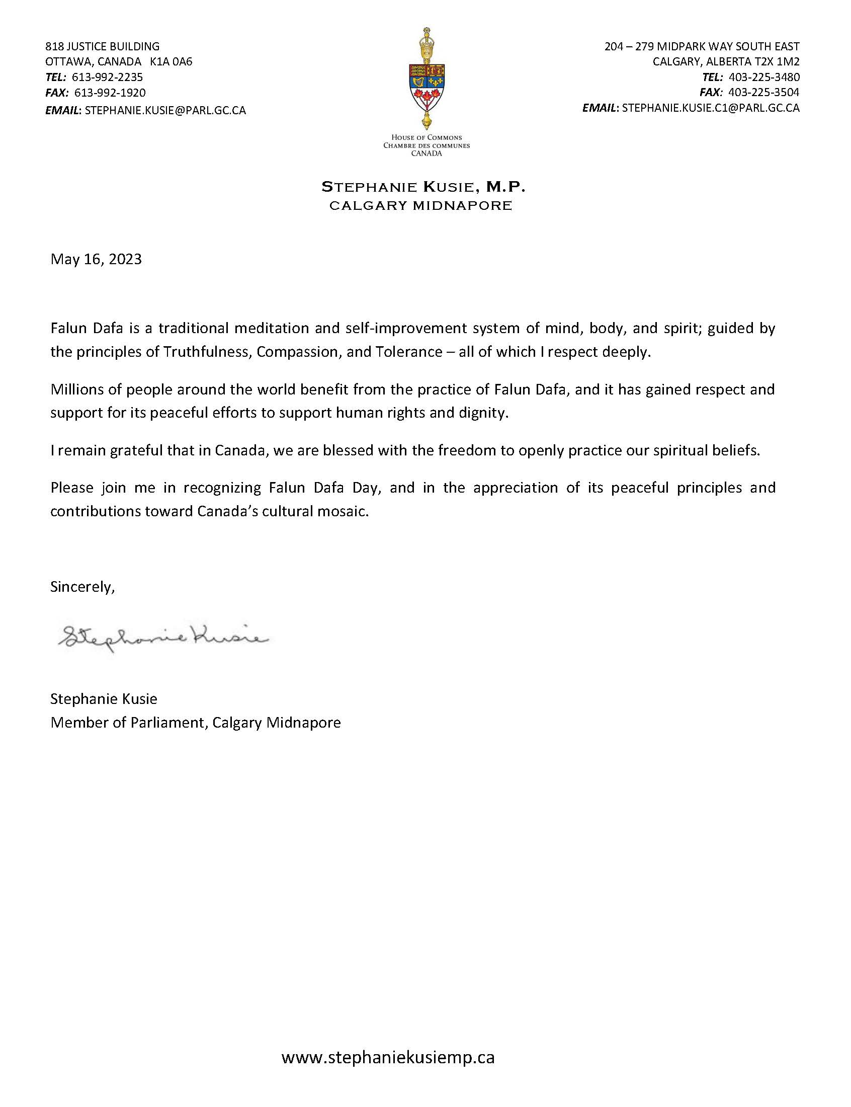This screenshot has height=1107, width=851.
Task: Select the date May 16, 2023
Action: (96, 260)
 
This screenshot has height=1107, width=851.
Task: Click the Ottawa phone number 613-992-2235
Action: (108, 77)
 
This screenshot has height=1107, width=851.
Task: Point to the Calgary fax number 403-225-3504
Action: (764, 93)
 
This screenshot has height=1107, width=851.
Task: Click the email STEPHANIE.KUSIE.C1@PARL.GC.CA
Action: (711, 108)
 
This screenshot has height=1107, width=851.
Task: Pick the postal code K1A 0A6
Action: (171, 62)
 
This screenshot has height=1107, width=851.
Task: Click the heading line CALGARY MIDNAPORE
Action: (420, 206)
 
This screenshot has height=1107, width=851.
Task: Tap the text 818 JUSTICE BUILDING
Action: (102, 47)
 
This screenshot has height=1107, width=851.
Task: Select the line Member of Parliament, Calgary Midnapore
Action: (196, 723)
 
